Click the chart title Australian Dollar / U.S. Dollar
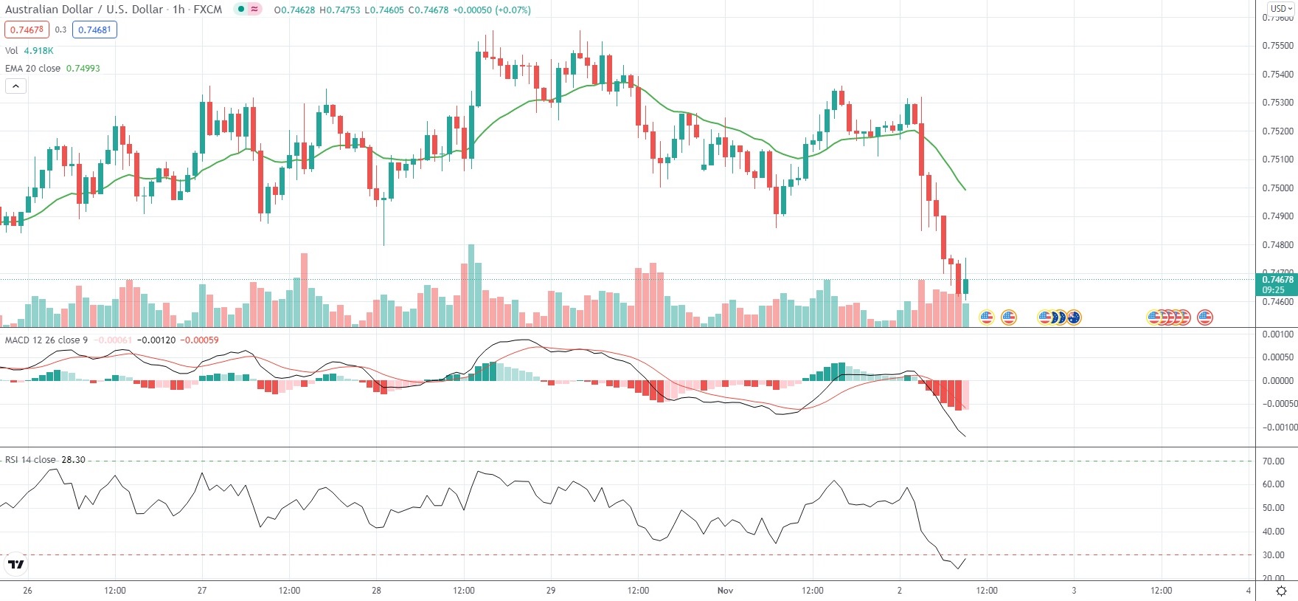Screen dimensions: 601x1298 pos(84,10)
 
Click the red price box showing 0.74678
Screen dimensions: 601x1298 pos(27,30)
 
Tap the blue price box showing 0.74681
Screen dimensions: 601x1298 pos(94,30)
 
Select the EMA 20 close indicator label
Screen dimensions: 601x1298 pos(33,68)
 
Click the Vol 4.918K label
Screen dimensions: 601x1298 pos(29,51)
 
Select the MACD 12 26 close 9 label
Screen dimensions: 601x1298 pos(46,340)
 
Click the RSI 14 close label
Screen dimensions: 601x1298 pos(30,460)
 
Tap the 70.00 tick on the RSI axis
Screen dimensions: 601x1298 pos(1274,461)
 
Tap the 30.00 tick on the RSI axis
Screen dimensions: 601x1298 pos(1274,555)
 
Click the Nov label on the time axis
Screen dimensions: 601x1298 pos(726,591)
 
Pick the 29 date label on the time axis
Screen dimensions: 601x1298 pos(551,591)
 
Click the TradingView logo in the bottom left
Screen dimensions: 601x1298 pos(15,565)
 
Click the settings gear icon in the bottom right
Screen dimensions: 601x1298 pos(1282,591)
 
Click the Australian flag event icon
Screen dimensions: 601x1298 pos(1074,317)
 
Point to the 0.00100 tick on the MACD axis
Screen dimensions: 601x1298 pos(1277,334)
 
